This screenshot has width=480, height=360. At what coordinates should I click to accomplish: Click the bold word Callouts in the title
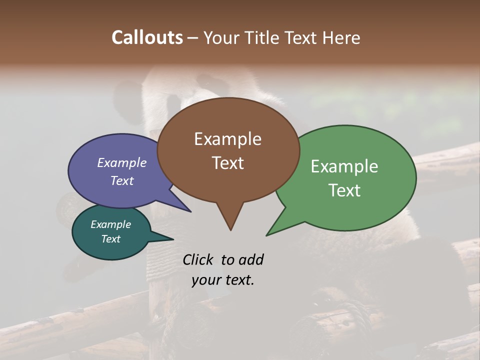147,37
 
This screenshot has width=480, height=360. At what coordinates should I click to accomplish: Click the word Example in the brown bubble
228,139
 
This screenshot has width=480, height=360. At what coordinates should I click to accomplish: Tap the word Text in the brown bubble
228,163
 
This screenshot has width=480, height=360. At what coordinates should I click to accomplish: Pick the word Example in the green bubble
344,166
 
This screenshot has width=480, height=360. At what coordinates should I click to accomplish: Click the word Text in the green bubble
344,190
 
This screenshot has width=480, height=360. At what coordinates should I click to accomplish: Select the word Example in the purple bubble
122,163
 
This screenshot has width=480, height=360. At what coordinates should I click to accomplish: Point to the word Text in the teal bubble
111,239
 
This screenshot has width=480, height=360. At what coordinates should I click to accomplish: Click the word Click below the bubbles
198,259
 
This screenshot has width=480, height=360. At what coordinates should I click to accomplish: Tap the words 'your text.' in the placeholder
223,280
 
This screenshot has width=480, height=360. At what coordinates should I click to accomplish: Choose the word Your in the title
221,37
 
